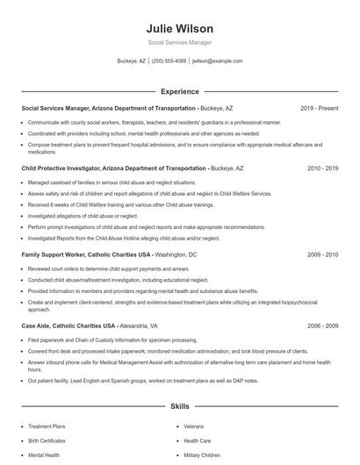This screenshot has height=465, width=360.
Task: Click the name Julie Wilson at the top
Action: tap(179, 28)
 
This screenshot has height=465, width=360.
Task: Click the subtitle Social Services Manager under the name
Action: tap(179, 42)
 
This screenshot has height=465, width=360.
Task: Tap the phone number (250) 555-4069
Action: tap(169, 61)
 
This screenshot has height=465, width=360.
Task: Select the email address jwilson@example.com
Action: tap(217, 61)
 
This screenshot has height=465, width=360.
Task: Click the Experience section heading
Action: tap(179, 90)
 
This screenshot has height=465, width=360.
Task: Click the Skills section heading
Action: tap(179, 407)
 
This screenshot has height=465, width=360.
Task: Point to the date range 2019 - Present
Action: tap(319, 108)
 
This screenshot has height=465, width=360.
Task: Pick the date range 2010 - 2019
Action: tap(322, 168)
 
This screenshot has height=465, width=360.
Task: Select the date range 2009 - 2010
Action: tap(322, 254)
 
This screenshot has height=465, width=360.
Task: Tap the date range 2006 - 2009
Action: tap(322, 325)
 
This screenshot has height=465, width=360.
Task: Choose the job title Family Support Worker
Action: tap(54, 254)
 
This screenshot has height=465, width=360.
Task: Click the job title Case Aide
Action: tap(37, 325)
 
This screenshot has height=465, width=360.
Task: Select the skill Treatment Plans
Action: tap(47, 426)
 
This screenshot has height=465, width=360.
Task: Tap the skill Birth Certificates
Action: tap(47, 440)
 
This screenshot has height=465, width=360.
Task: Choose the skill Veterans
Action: tap(194, 426)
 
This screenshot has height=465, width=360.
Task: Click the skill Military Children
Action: tap(201, 455)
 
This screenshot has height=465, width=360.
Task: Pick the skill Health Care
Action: tap(197, 440)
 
